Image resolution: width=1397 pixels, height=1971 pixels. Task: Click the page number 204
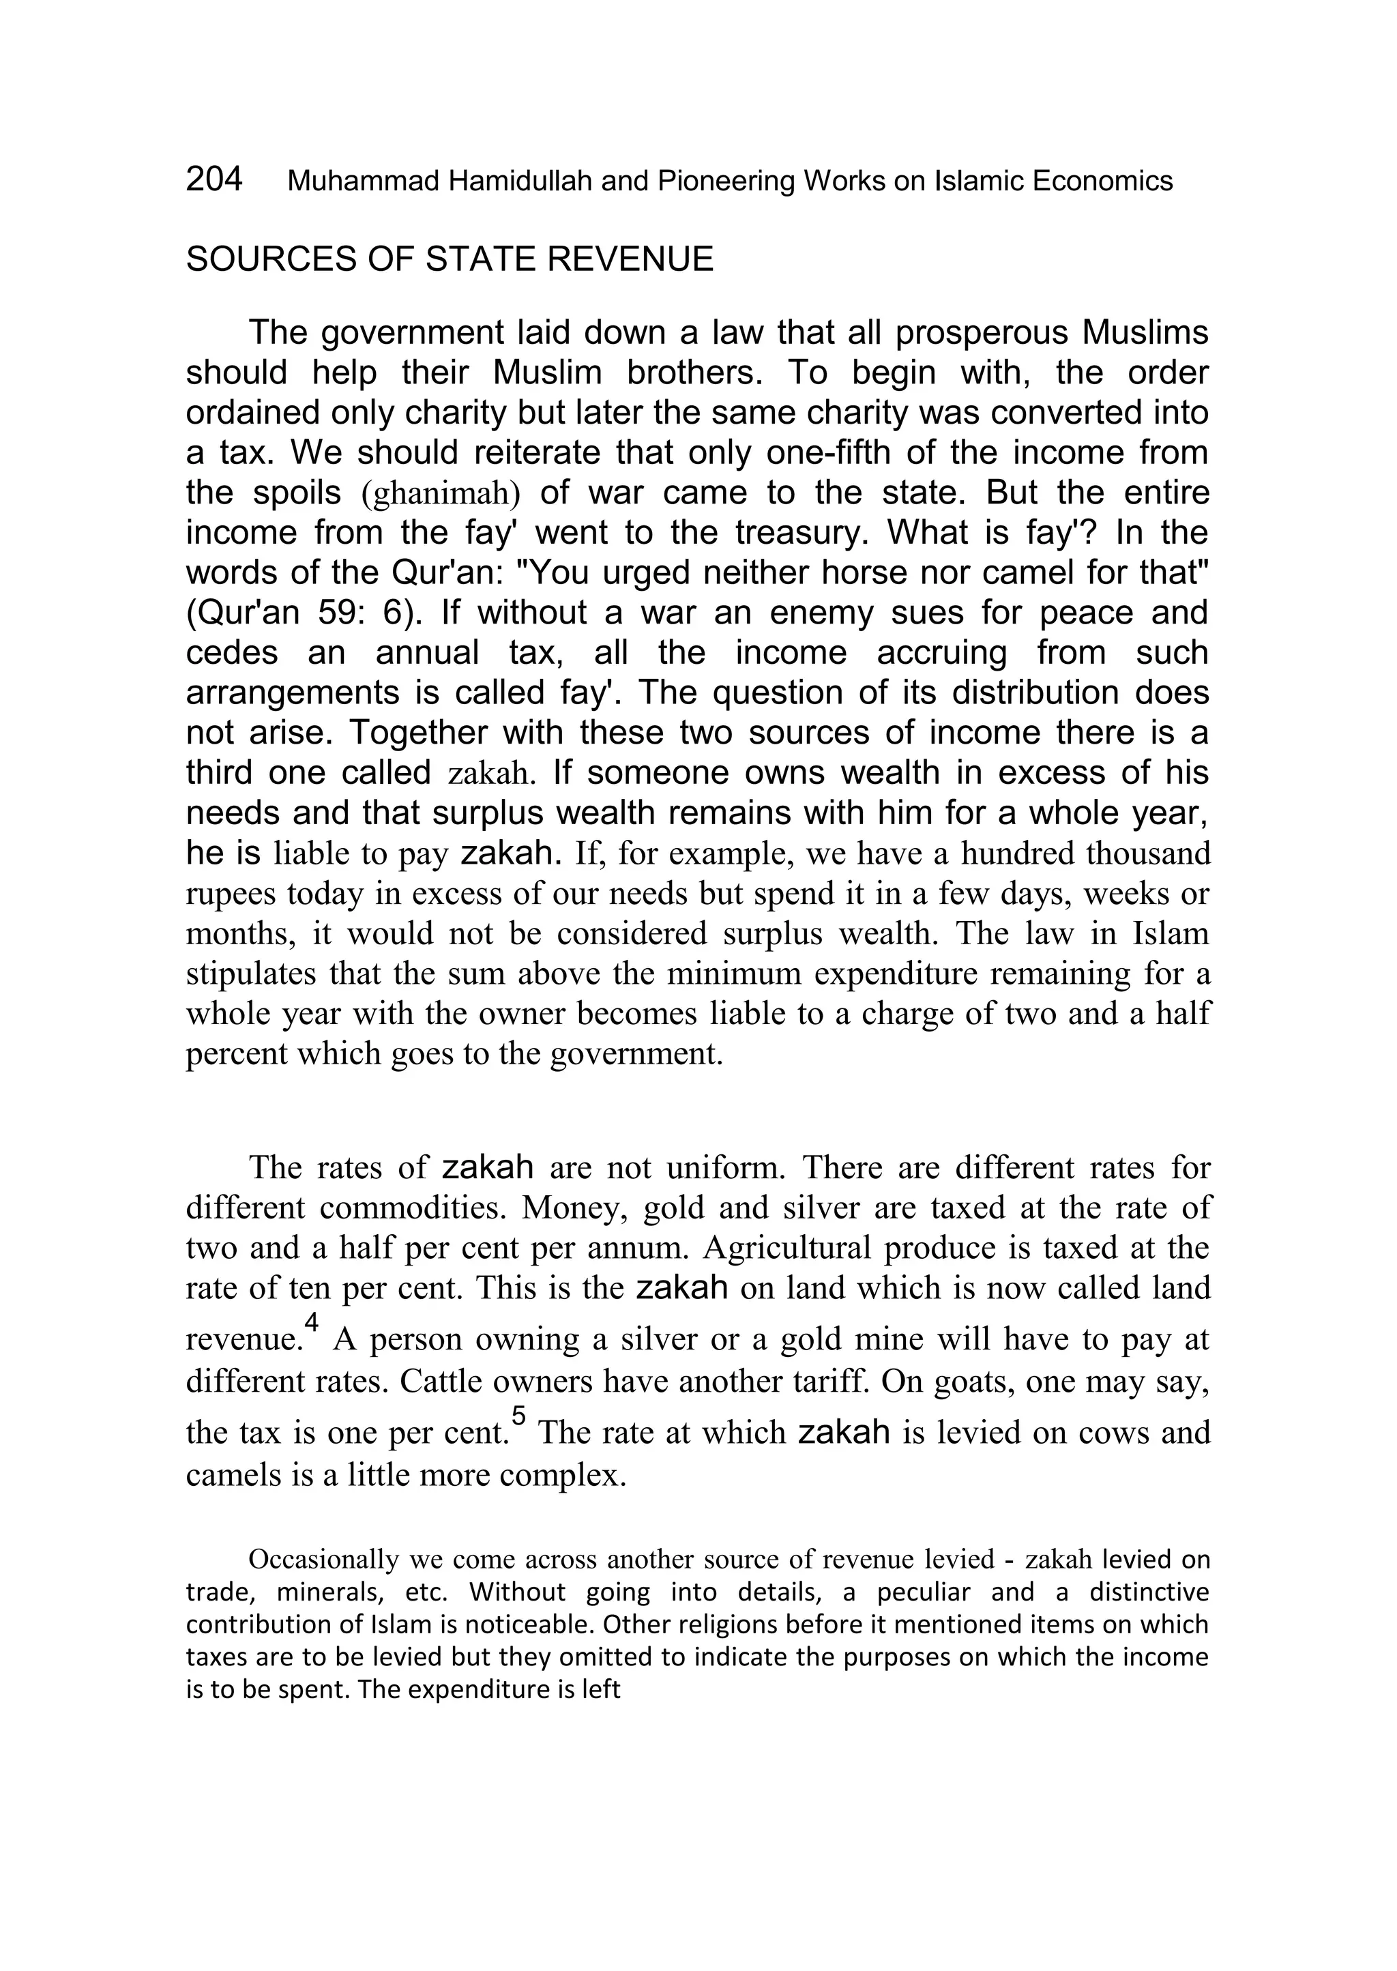click(214, 179)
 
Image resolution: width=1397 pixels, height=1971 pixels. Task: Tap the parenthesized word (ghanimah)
click(441, 494)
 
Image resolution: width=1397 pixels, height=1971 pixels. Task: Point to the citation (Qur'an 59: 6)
click(307, 613)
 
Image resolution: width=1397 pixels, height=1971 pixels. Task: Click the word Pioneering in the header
click(725, 181)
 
